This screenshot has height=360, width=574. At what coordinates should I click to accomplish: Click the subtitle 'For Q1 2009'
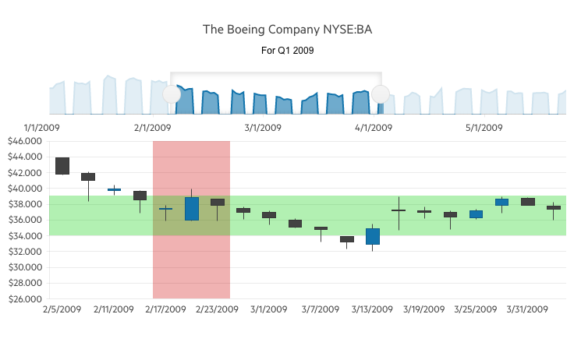[x=287, y=51]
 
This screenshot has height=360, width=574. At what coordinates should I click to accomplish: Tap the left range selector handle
[x=172, y=94]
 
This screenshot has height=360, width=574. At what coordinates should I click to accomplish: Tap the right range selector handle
[x=380, y=94]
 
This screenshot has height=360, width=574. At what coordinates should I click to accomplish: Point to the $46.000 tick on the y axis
[x=23, y=141]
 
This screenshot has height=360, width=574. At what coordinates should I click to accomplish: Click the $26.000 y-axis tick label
[x=23, y=298]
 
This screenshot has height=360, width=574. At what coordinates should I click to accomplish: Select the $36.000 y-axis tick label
[x=23, y=220]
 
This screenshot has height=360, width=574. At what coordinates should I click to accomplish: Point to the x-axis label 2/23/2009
[x=217, y=309]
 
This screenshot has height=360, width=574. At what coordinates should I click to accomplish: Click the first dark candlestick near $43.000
[x=62, y=166]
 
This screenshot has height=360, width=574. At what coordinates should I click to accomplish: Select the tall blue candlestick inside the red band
[x=192, y=209]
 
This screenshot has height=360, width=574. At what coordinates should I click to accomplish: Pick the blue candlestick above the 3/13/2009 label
[x=373, y=236]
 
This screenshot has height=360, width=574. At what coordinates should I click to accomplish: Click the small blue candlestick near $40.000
[x=114, y=189]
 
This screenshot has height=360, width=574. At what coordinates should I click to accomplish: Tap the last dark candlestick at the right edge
[x=554, y=207]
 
